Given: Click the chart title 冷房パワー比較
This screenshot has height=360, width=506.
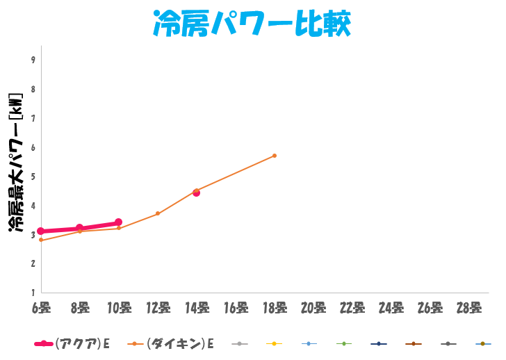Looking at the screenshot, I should tap(252, 24).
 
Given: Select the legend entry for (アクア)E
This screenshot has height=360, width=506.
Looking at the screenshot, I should tap(72, 344).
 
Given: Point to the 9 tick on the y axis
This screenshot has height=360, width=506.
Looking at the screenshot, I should tap(33, 60).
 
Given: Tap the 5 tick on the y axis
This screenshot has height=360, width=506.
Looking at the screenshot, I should tap(33, 176).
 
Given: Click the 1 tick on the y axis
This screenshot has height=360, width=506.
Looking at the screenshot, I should tap(33, 292).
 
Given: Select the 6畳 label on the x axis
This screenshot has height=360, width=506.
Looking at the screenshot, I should tap(41, 306).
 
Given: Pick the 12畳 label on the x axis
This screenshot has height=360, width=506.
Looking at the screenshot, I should tap(158, 306).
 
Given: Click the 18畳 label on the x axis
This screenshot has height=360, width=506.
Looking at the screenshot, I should tap(275, 306).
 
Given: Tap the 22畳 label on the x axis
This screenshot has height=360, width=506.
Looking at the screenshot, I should tap(352, 306).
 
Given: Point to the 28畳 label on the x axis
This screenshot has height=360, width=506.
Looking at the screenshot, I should tap(469, 306).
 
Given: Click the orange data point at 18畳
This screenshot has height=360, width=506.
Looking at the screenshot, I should tap(275, 156).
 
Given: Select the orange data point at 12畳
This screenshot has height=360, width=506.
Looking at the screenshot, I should tap(158, 213).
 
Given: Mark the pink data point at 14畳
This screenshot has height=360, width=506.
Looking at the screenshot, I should tap(197, 193).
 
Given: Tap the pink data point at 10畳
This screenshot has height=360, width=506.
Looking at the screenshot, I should tap(119, 222).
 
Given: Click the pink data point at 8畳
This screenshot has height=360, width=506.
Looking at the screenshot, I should tap(80, 228).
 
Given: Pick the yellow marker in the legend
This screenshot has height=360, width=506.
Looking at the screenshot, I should tap(275, 344).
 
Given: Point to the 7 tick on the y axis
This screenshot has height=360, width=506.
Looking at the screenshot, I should tap(33, 118).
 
